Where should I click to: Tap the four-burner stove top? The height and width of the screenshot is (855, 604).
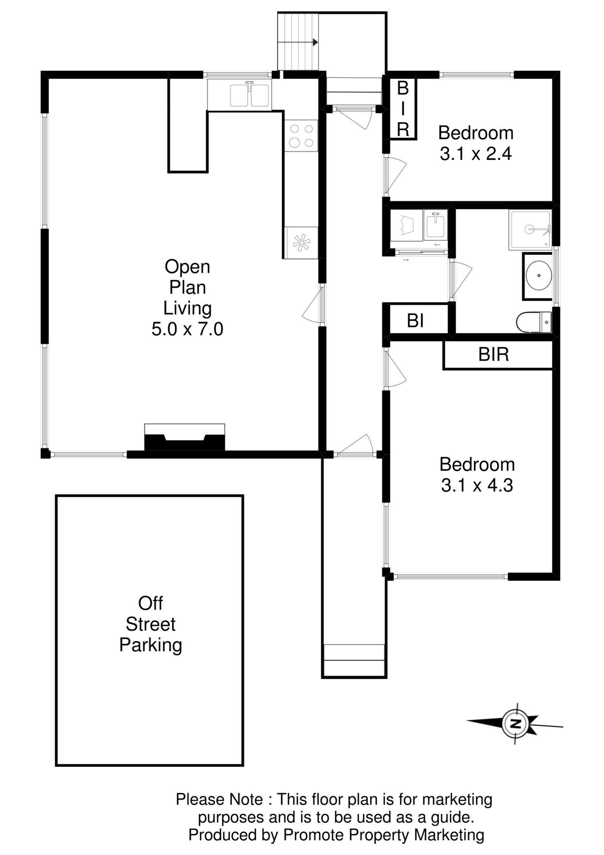(301, 136)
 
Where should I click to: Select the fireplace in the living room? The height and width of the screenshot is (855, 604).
(185, 438)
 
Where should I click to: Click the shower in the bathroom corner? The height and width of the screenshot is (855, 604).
(530, 230)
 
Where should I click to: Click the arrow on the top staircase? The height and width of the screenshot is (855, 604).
(314, 43)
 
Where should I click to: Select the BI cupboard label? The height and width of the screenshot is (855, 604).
(415, 321)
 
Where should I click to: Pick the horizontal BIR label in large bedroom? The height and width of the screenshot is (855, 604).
(493, 354)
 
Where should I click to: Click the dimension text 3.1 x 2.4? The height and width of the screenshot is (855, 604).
(475, 154)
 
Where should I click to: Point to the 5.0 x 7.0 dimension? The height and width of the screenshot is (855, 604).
(187, 329)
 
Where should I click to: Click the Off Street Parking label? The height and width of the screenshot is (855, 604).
(150, 624)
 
